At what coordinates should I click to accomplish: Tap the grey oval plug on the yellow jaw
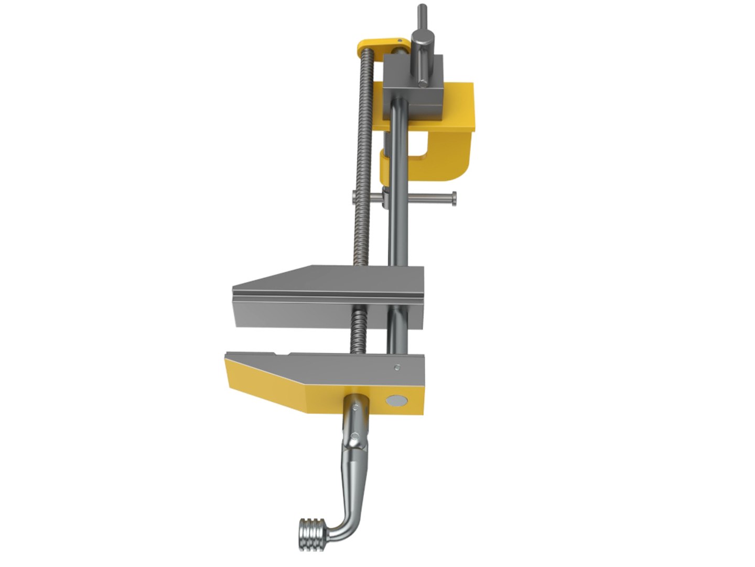pos(396,401)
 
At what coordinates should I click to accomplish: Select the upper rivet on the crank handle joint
pos(357,407)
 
